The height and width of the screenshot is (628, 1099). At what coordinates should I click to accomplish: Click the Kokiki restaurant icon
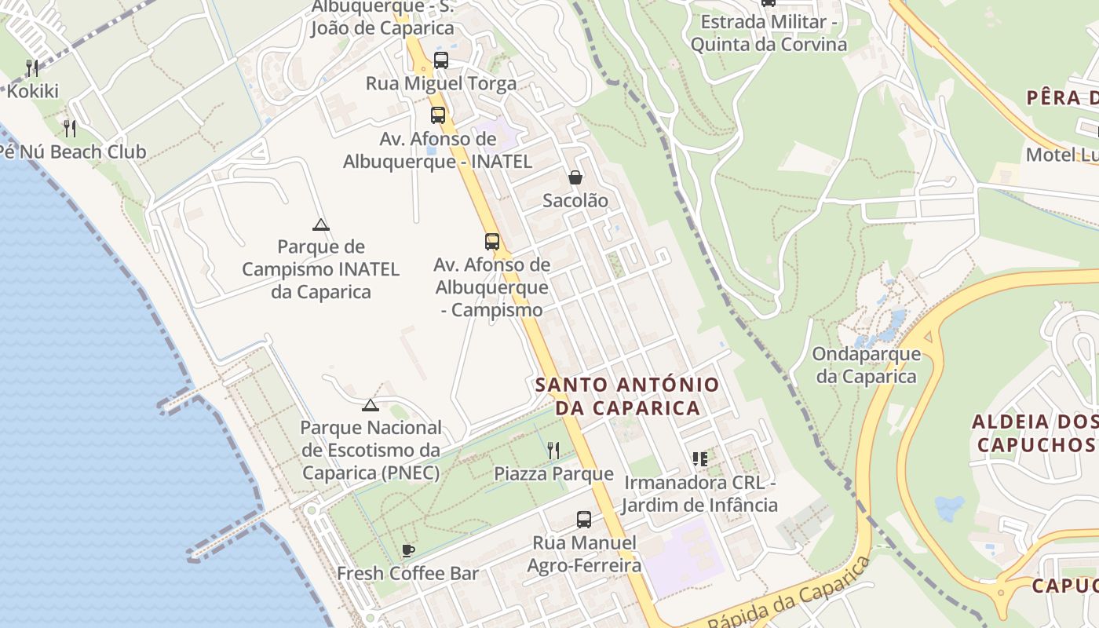(32, 68)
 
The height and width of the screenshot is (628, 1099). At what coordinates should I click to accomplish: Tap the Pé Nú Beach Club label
(73, 152)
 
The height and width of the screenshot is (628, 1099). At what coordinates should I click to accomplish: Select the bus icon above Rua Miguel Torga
(441, 60)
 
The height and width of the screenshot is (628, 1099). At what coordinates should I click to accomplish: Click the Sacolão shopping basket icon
(575, 178)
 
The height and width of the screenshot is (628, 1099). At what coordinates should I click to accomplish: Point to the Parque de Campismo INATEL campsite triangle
(320, 225)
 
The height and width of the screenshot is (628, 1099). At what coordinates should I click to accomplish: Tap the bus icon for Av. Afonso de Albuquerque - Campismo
(492, 242)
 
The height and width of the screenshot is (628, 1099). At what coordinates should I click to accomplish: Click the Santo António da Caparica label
(626, 396)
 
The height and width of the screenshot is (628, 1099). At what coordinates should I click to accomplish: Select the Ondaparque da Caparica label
(866, 365)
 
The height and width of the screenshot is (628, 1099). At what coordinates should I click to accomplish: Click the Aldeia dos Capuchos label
(1034, 433)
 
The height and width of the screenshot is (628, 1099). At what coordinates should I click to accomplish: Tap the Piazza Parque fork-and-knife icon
(553, 451)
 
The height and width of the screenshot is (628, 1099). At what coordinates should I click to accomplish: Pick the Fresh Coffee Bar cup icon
(407, 550)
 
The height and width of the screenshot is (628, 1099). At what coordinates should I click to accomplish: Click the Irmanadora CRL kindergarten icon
(700, 459)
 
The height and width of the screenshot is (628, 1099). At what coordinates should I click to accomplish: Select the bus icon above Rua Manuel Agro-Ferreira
(584, 519)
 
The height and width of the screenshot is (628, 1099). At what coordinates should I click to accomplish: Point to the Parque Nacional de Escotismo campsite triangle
(371, 406)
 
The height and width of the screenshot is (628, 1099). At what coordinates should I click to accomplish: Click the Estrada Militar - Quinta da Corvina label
(769, 33)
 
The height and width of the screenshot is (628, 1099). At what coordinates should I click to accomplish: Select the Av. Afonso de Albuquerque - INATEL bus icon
(438, 115)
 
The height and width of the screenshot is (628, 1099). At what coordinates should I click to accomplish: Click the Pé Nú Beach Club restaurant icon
(70, 128)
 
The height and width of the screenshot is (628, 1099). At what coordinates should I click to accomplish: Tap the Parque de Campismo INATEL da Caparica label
(320, 269)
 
